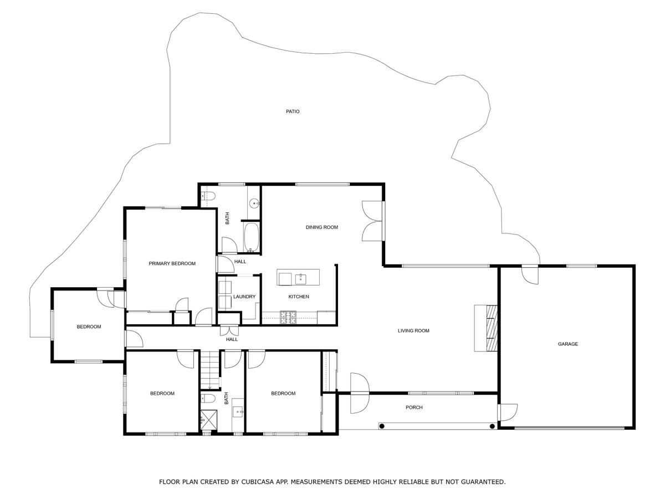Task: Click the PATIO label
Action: click(x=293, y=111)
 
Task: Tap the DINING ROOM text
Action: click(x=321, y=227)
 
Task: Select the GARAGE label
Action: click(x=567, y=344)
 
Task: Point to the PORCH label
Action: click(x=414, y=408)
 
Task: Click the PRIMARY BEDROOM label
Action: click(x=172, y=263)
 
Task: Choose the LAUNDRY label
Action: click(x=244, y=297)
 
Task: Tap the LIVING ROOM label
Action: click(x=413, y=331)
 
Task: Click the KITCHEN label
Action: click(x=299, y=297)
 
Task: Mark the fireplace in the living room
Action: click(x=487, y=328)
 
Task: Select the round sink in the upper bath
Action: click(x=254, y=203)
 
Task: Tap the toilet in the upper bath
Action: click(x=207, y=195)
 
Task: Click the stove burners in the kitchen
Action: click(x=288, y=317)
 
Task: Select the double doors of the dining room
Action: click(x=372, y=221)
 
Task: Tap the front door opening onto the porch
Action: click(x=359, y=393)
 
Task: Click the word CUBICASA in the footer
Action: click(x=257, y=482)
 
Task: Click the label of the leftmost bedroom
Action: click(x=89, y=327)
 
